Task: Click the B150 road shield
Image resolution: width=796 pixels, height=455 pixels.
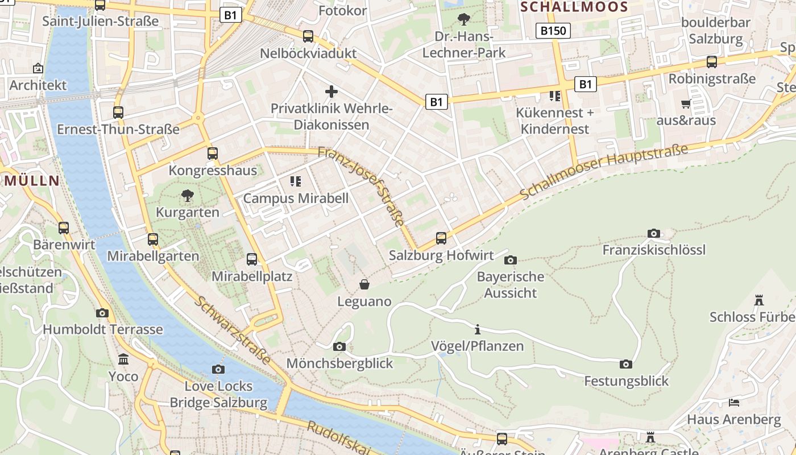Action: tap(553, 31)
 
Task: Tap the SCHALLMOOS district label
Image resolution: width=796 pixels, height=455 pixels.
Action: tap(574, 7)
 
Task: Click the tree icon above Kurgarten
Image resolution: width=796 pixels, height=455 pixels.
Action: tap(188, 196)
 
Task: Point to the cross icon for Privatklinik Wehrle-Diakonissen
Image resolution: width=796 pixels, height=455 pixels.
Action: tap(331, 91)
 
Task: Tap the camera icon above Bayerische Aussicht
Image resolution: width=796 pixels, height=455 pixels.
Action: tap(511, 260)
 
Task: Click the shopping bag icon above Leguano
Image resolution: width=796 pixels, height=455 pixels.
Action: tap(364, 284)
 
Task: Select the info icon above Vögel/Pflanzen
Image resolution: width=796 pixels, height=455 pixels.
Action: tap(478, 329)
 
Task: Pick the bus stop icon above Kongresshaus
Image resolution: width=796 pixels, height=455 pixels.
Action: tap(212, 154)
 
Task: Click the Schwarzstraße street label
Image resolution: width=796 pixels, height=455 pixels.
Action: tap(233, 330)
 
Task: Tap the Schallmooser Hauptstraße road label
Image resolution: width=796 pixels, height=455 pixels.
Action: tap(604, 171)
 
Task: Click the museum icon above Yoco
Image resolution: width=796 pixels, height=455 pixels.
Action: tap(123, 359)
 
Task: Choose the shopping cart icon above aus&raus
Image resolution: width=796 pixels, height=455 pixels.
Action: tap(686, 104)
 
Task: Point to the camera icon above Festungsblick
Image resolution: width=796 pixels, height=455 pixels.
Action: tap(626, 364)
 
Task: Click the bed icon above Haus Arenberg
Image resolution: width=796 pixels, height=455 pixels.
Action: tap(734, 403)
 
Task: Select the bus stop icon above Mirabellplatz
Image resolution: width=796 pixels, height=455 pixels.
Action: tap(252, 259)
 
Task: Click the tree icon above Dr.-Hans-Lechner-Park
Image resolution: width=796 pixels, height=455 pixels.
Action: tap(464, 19)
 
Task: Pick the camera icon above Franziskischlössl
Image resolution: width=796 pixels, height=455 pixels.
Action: tap(654, 233)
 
